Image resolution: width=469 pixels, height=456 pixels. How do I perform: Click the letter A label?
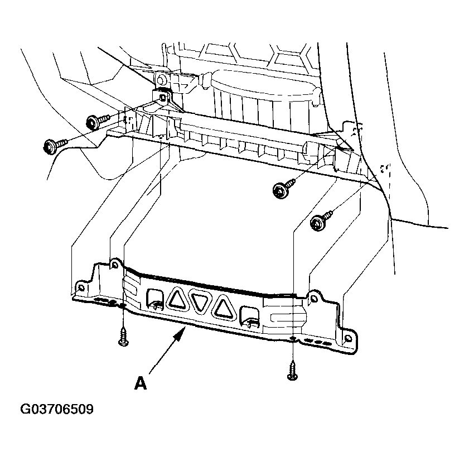click(x=141, y=383)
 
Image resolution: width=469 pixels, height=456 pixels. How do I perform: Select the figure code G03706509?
click(x=57, y=409)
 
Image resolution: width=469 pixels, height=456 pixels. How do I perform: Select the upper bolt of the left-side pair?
click(x=98, y=122)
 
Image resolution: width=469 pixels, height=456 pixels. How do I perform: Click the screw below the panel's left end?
click(x=123, y=337)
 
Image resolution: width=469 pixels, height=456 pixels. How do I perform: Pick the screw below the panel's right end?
click(x=292, y=371)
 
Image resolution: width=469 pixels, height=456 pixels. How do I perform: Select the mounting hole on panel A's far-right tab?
click(x=348, y=339)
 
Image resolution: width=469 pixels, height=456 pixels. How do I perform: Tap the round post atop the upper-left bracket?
click(x=161, y=80)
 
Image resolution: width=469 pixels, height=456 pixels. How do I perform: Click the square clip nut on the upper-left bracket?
click(x=162, y=97)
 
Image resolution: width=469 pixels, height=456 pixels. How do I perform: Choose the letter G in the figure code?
click(x=25, y=409)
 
